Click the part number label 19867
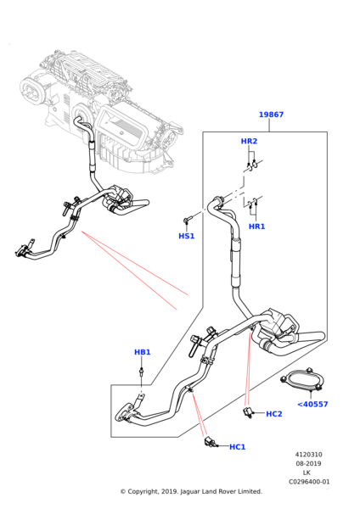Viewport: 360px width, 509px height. [271, 115]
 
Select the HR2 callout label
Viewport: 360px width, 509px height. [249, 141]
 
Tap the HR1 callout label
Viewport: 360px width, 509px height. [256, 227]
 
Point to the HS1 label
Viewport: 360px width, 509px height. [187, 236]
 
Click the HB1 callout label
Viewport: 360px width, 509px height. [143, 352]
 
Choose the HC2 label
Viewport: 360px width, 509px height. [274, 414]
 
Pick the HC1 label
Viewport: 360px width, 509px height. [237, 447]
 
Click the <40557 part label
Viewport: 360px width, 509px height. [312, 404]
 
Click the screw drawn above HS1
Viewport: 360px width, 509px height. [188, 220]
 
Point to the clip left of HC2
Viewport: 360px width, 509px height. [248, 413]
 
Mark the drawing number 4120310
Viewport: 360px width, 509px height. [309, 455]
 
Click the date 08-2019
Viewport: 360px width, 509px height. [308, 463]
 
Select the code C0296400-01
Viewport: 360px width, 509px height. [309, 482]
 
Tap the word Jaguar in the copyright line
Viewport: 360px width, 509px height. [190, 492]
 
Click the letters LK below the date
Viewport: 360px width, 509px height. [307, 473]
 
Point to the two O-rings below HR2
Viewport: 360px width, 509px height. [252, 165]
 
